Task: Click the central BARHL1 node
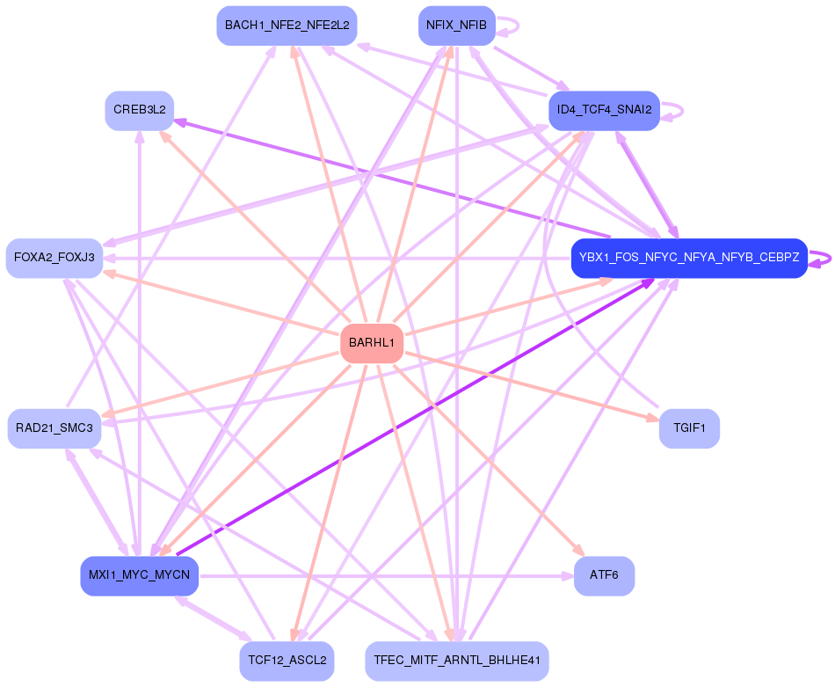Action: pyautogui.click(x=371, y=343)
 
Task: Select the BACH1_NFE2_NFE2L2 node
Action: pyautogui.click(x=287, y=26)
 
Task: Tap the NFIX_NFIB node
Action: pyautogui.click(x=456, y=26)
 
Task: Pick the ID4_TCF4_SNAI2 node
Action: pyautogui.click(x=603, y=111)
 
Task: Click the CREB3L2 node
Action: pyautogui.click(x=140, y=111)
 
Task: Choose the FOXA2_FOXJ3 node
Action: pyautogui.click(x=54, y=258)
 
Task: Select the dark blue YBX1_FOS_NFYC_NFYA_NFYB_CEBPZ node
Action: pyautogui.click(x=688, y=258)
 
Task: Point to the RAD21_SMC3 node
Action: pyautogui.click(x=54, y=428)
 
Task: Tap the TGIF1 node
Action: pyautogui.click(x=689, y=428)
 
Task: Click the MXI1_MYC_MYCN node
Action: pyautogui.click(x=139, y=576)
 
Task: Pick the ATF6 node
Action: pyautogui.click(x=604, y=576)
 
